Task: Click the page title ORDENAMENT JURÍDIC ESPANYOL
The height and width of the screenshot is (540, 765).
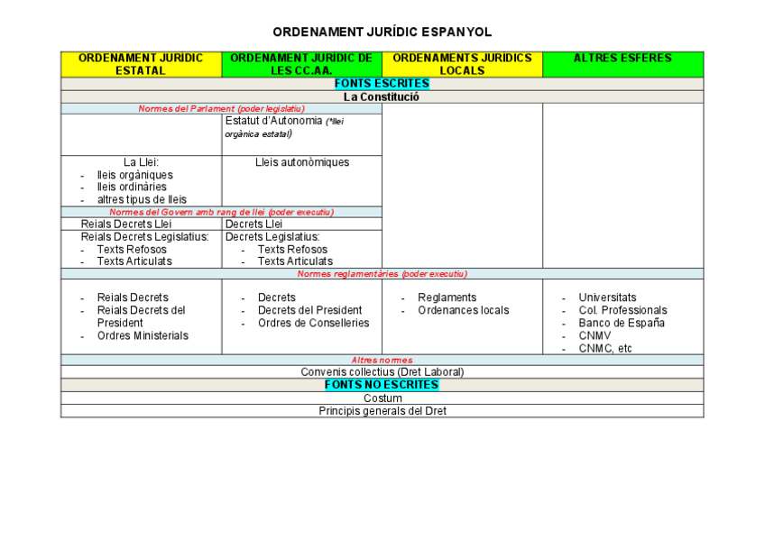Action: pyautogui.click(x=382, y=32)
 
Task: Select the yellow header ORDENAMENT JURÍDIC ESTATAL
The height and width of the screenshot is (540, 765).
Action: pyautogui.click(x=141, y=64)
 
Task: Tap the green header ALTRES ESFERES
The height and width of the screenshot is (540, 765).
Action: pyautogui.click(x=622, y=59)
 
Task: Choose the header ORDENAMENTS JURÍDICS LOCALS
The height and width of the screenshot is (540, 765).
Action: pyautogui.click(x=462, y=64)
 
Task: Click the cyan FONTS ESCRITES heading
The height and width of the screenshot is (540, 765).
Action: pyautogui.click(x=382, y=84)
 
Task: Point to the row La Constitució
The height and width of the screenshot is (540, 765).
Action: pyautogui.click(x=382, y=96)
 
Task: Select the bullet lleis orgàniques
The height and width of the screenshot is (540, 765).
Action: pyautogui.click(x=134, y=175)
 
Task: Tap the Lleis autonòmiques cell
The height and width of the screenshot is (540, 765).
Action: pyautogui.click(x=302, y=162)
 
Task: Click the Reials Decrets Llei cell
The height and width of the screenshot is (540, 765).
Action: pyautogui.click(x=125, y=224)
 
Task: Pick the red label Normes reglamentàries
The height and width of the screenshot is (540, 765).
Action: pyautogui.click(x=382, y=273)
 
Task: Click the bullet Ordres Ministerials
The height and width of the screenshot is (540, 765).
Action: pyautogui.click(x=143, y=335)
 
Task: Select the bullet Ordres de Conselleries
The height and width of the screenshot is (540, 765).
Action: pyautogui.click(x=313, y=323)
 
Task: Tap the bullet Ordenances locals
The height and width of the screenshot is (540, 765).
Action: pyautogui.click(x=463, y=310)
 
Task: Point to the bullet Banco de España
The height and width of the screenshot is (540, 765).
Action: pyautogui.click(x=622, y=323)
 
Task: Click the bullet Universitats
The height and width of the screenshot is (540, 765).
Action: pyautogui.click(x=607, y=297)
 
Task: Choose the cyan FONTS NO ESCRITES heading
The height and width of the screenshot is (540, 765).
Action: pyautogui.click(x=382, y=385)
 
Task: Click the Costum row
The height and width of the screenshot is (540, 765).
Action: pyautogui.click(x=382, y=398)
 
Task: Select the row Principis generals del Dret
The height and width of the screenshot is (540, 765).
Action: pyautogui.click(x=382, y=410)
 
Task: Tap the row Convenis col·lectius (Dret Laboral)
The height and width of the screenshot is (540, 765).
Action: pyautogui.click(x=382, y=371)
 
